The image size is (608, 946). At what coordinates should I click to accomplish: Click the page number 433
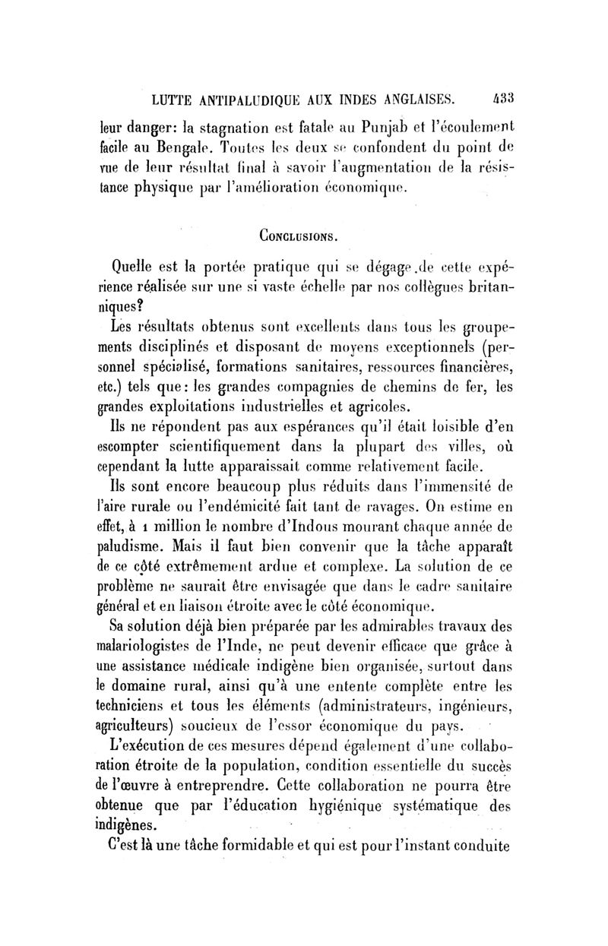click(505, 98)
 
